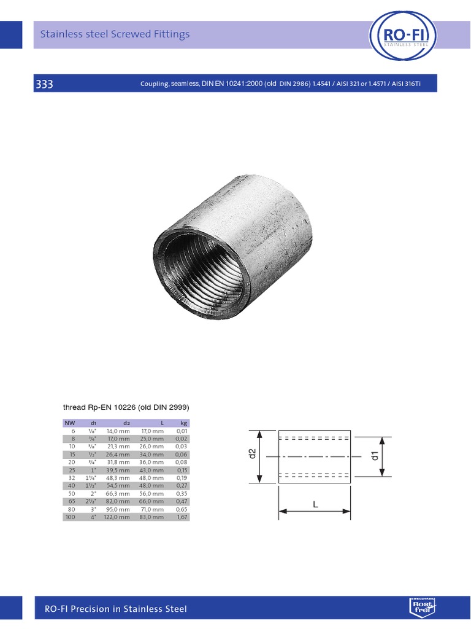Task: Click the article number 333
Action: [x=45, y=84]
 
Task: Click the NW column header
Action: [x=69, y=423]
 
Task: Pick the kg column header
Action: [x=183, y=423]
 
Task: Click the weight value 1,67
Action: [x=181, y=517]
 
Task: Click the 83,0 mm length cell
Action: [x=152, y=517]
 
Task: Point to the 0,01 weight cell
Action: [x=181, y=431]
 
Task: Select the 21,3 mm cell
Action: [x=118, y=447]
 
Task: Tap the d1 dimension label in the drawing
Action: [x=375, y=456]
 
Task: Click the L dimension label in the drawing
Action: [x=315, y=504]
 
